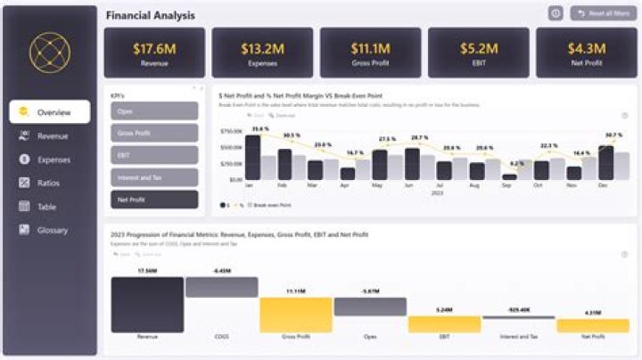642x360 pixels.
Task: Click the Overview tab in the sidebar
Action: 50,112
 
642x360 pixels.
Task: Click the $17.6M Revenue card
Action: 154,52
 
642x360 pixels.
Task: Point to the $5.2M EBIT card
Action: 477,52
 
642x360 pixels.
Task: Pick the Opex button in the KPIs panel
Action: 154,110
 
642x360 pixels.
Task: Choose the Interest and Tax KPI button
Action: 154,177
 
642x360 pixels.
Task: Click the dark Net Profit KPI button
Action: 154,200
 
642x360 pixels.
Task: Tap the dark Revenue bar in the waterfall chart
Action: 147,304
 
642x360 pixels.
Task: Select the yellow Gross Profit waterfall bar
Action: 295,315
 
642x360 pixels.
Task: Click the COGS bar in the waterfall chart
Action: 221,287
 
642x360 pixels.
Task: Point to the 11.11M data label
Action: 295,291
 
